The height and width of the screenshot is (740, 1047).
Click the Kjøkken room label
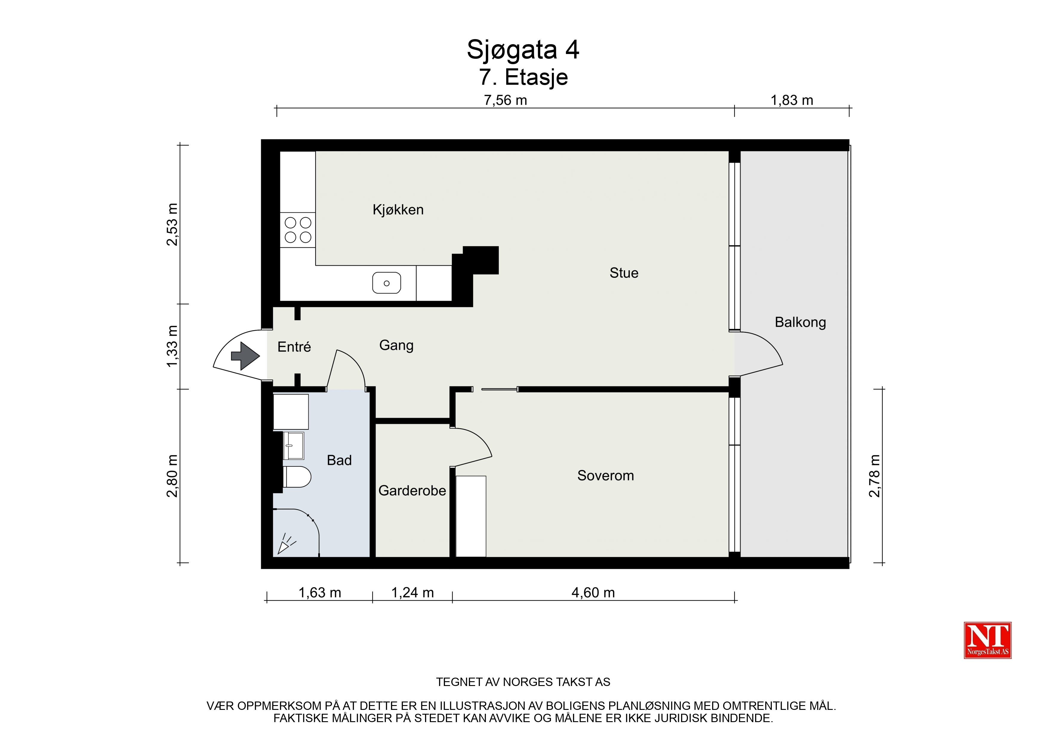(x=398, y=210)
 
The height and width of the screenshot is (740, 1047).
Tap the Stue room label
(x=624, y=273)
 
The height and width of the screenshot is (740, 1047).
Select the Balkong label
(x=800, y=322)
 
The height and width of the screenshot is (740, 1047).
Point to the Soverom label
(x=606, y=476)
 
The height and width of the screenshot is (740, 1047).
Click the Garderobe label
(x=412, y=491)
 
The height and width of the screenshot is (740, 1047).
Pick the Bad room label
(x=339, y=460)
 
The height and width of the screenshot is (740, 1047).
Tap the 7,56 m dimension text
(x=505, y=100)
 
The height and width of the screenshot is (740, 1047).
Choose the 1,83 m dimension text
(x=792, y=100)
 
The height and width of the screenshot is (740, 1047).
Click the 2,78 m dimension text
(x=874, y=476)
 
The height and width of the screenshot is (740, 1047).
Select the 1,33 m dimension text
(x=172, y=346)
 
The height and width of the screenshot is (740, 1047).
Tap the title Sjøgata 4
(x=523, y=49)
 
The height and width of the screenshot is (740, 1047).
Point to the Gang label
(x=396, y=345)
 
